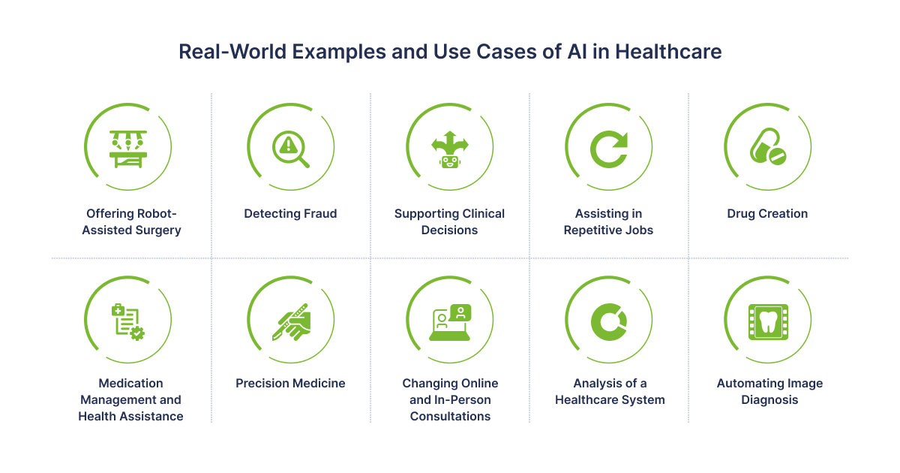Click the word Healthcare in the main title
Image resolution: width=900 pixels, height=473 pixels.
click(x=668, y=52)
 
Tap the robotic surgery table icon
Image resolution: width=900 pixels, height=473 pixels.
click(x=128, y=149)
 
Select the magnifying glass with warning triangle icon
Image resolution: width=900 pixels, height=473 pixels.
click(x=290, y=149)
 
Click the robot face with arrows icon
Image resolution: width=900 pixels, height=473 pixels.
click(x=449, y=149)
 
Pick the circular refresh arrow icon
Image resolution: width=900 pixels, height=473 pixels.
click(x=609, y=149)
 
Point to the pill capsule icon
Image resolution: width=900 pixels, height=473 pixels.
click(x=768, y=146)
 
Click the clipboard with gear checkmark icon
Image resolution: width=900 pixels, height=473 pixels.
click(x=128, y=322)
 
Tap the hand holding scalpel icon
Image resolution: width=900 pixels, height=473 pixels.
click(x=291, y=322)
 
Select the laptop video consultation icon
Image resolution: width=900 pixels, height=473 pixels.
click(x=450, y=322)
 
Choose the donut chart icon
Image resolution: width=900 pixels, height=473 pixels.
click(x=609, y=322)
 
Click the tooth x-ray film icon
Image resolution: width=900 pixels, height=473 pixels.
click(x=768, y=322)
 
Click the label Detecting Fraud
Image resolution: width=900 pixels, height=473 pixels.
click(x=290, y=213)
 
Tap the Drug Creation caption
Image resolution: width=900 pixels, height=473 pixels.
click(x=767, y=213)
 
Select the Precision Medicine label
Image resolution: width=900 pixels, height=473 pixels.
click(x=290, y=384)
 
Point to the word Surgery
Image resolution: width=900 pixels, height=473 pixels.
click(x=158, y=230)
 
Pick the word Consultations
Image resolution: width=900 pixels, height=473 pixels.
click(x=450, y=416)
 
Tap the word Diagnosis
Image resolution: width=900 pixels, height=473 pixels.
click(x=769, y=400)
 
